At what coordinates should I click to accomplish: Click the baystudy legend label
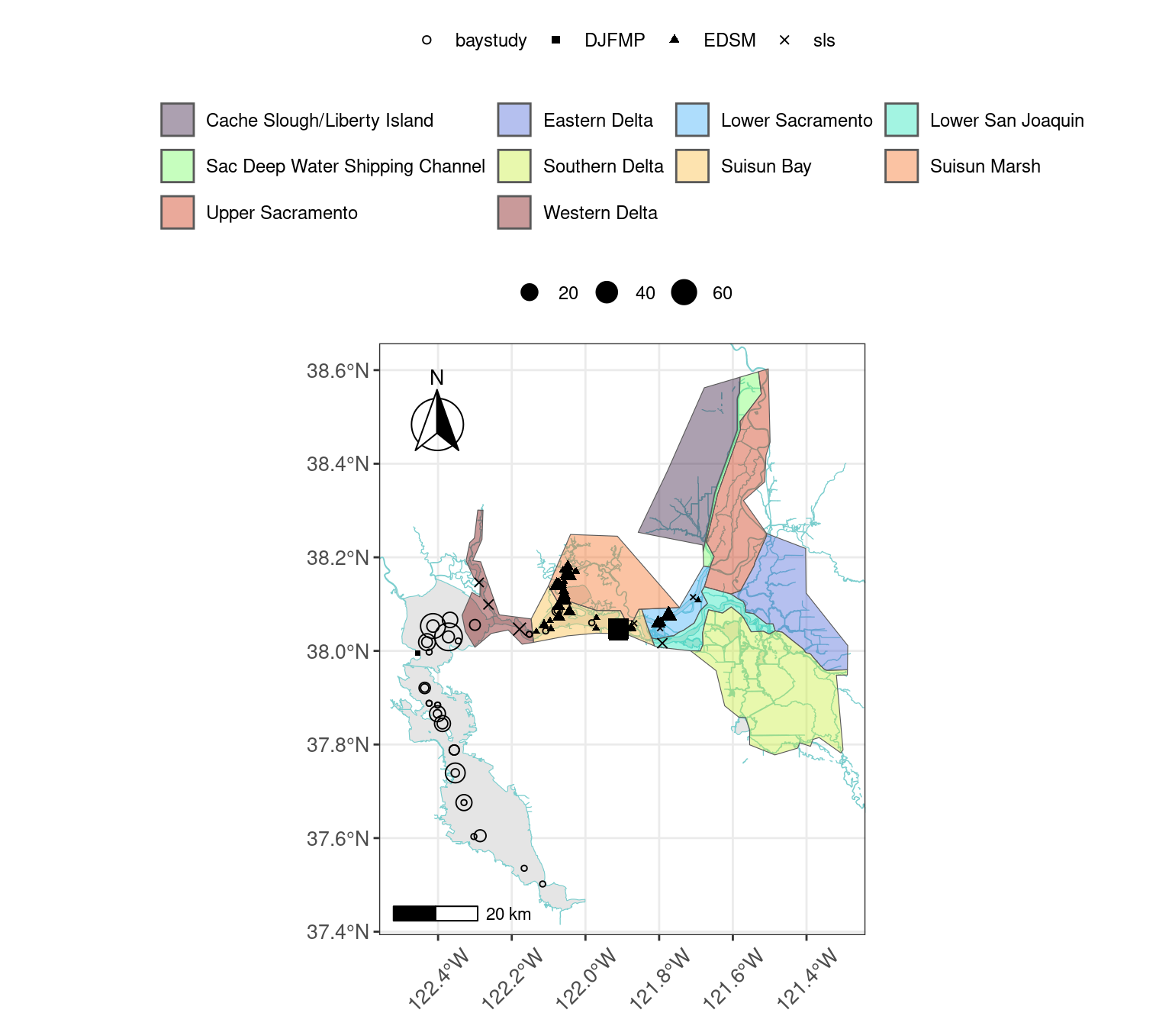pyautogui.click(x=491, y=40)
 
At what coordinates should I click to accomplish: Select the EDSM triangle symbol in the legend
pyautogui.click(x=675, y=39)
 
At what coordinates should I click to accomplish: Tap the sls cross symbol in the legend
pyautogui.click(x=784, y=40)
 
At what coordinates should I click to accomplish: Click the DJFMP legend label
pyautogui.click(x=614, y=40)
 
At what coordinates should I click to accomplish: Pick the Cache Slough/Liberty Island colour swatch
pyautogui.click(x=178, y=120)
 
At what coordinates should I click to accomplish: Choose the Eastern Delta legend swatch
pyautogui.click(x=514, y=120)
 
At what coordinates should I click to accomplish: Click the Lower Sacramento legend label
pyautogui.click(x=796, y=121)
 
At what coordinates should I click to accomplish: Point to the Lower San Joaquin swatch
pyautogui.click(x=902, y=120)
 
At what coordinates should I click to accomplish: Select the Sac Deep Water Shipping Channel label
pyautogui.click(x=345, y=166)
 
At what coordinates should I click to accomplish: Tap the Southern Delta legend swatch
pyautogui.click(x=514, y=166)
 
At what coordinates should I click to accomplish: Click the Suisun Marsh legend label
pyautogui.click(x=984, y=166)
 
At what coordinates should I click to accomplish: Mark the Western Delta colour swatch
pyautogui.click(x=514, y=212)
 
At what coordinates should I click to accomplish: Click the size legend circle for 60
pyautogui.click(x=684, y=292)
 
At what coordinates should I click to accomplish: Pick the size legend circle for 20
pyautogui.click(x=530, y=292)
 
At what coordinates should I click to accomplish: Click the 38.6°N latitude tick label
pyautogui.click(x=337, y=371)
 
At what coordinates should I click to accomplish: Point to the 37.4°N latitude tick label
pyautogui.click(x=337, y=932)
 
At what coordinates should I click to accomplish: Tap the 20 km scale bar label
pyautogui.click(x=508, y=914)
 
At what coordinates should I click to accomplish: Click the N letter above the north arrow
pyautogui.click(x=436, y=377)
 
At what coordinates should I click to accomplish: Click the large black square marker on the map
pyautogui.click(x=618, y=630)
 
